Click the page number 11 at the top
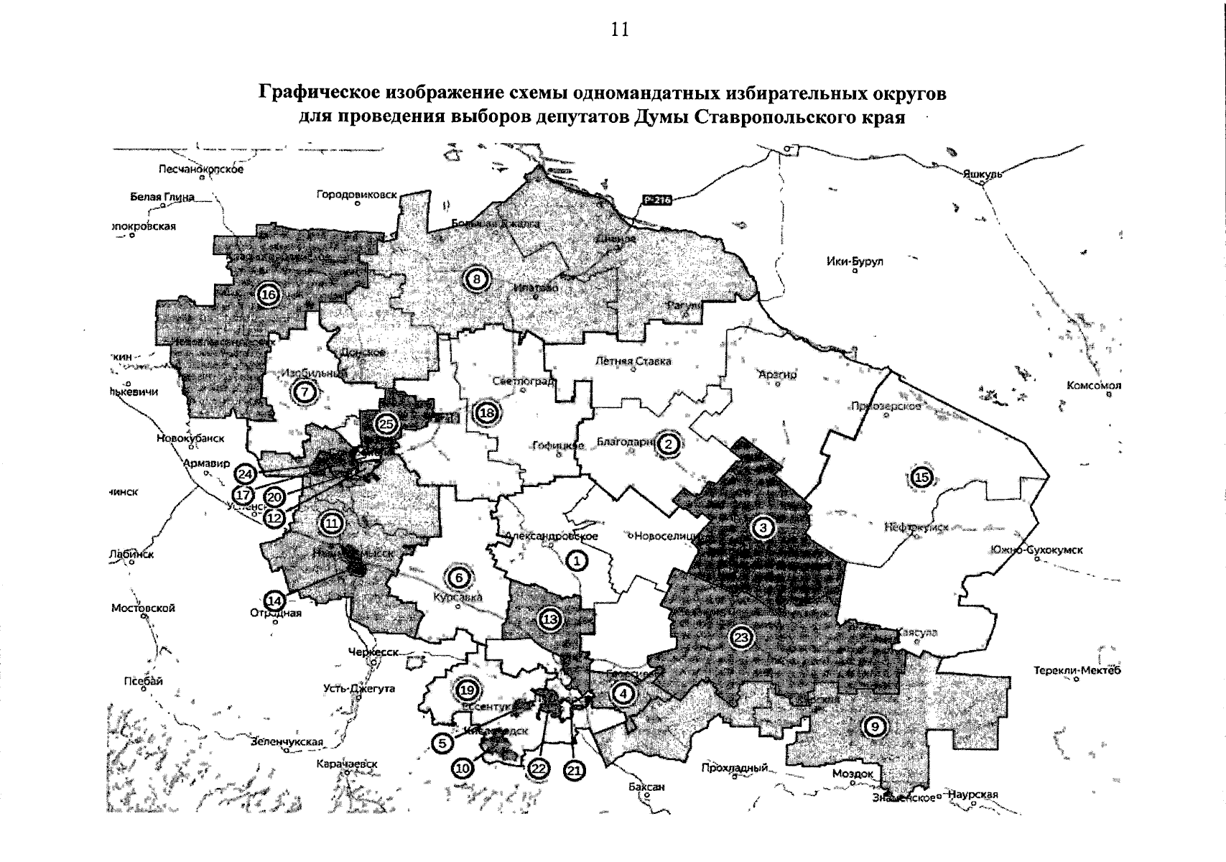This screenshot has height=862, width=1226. pos(619,29)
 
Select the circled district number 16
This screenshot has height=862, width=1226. pos(269,294)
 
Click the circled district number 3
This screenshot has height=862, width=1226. pos(763,528)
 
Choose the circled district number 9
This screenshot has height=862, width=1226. pos(875,726)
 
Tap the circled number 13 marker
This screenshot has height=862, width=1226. pos(549,619)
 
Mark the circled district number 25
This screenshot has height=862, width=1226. pos(386,424)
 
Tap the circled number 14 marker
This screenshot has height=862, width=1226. pos(274,600)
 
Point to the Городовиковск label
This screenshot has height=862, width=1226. pos(356,195)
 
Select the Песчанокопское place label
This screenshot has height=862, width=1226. pos(200,170)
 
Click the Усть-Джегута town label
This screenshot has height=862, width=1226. pos(359,688)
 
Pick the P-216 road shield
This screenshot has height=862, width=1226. pos(656,200)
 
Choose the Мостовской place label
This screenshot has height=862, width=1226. pos(143,608)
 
